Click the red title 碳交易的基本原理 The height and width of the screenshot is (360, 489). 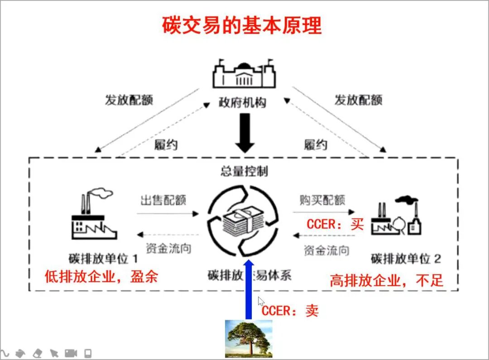pyautogui.click(x=242, y=26)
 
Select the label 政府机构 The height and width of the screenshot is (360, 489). pyautogui.click(x=243, y=102)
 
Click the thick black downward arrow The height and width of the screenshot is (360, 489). pyautogui.click(x=245, y=132)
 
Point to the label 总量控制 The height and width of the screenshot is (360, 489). pyautogui.click(x=244, y=171)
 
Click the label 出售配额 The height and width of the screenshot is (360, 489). pyautogui.click(x=163, y=200)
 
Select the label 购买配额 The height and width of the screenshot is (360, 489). pyautogui.click(x=322, y=200)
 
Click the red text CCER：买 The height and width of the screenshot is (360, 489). pyautogui.click(x=335, y=224)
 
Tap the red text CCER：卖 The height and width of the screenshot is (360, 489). pyautogui.click(x=290, y=310)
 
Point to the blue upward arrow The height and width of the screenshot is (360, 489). pyautogui.click(x=248, y=290)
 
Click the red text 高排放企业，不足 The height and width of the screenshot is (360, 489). pyautogui.click(x=386, y=280)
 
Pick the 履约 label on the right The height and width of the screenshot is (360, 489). pyautogui.click(x=316, y=145)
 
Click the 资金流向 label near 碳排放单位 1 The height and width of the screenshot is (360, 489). pyautogui.click(x=168, y=248)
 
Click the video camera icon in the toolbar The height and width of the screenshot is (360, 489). pyautogui.click(x=70, y=353)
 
